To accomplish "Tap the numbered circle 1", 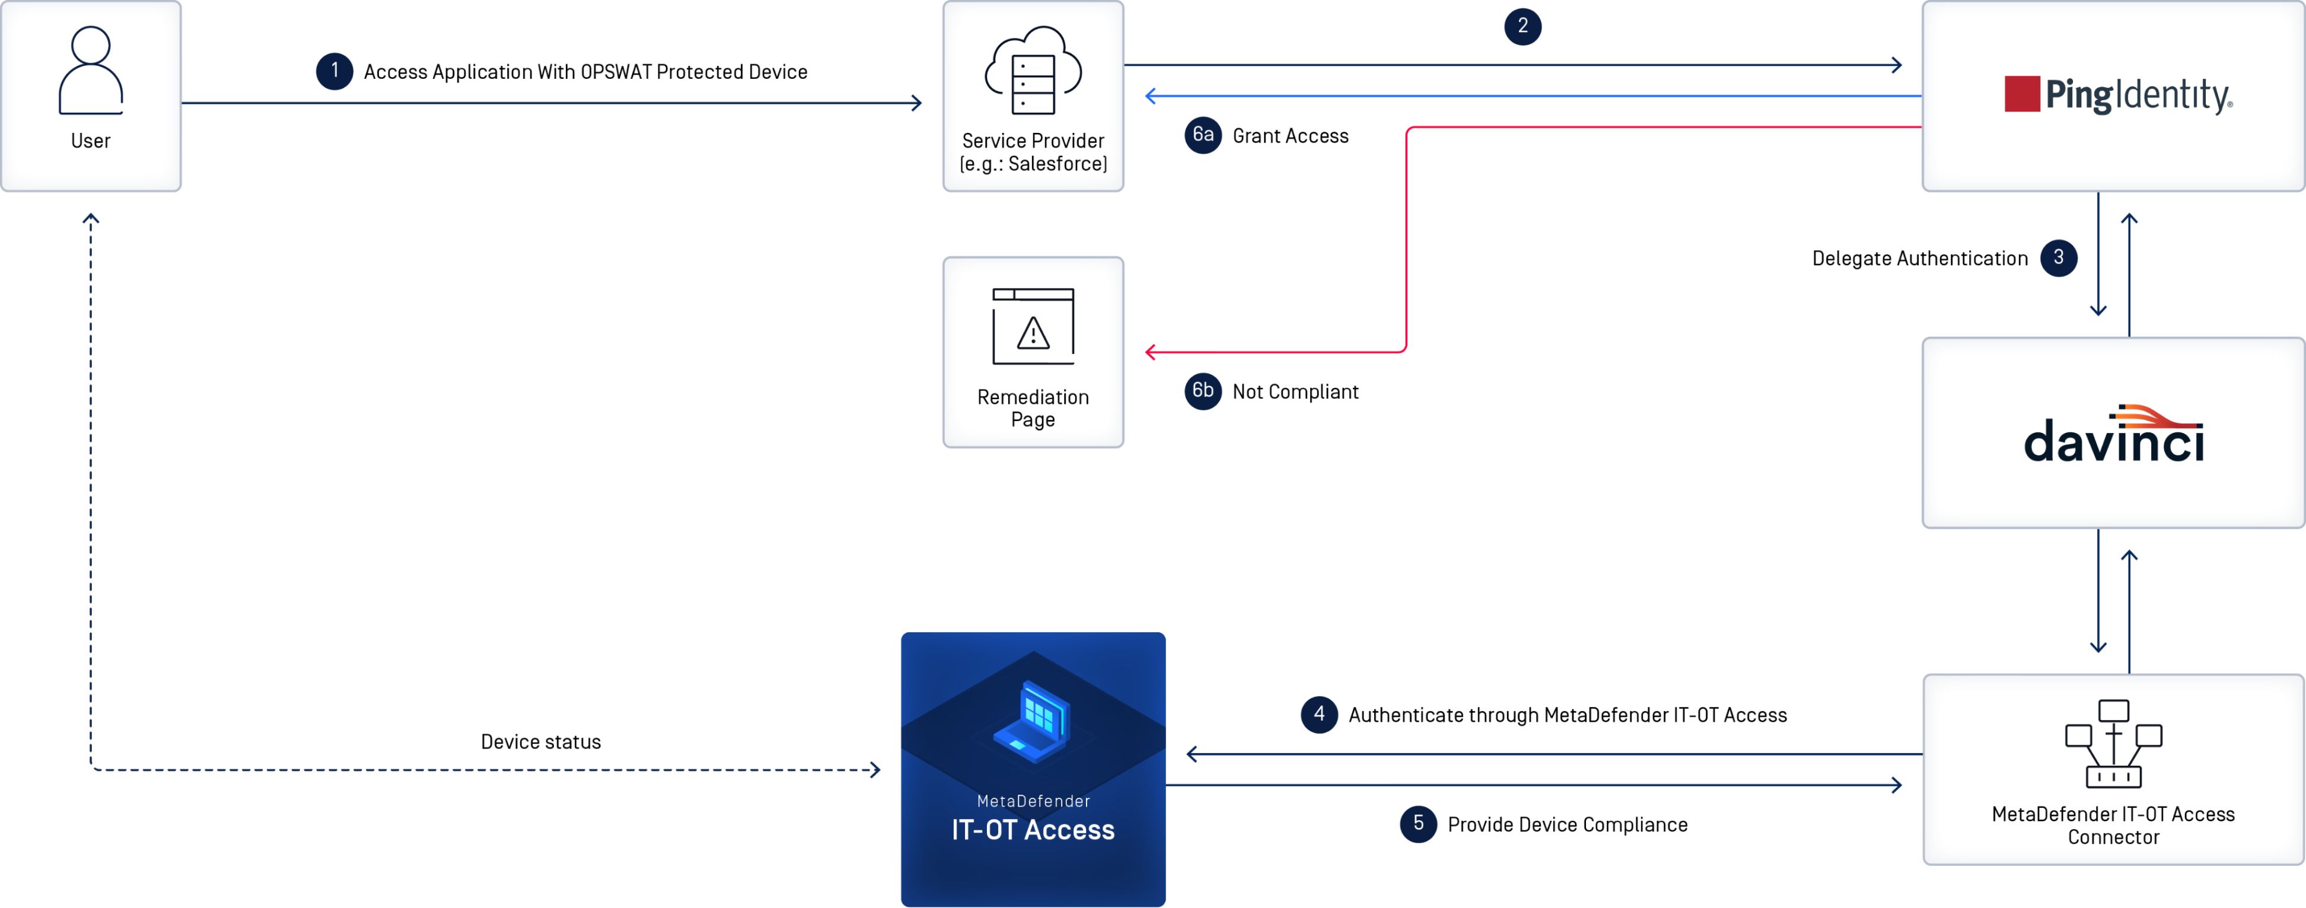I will (x=334, y=71).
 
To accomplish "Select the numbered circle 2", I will (x=1522, y=26).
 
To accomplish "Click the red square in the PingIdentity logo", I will (x=2021, y=94).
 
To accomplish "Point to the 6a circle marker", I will (x=1202, y=135).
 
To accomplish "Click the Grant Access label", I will (x=1290, y=136).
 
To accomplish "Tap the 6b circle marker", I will (x=1202, y=391).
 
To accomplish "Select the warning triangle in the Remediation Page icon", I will (x=1033, y=333).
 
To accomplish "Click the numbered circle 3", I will (x=2058, y=258).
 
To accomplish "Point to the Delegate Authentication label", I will (x=1919, y=259).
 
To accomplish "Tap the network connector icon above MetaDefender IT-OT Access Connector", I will (x=2113, y=743).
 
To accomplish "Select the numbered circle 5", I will (x=1418, y=824).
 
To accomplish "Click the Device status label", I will (x=541, y=741).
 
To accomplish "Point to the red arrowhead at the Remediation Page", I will (x=1150, y=352).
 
